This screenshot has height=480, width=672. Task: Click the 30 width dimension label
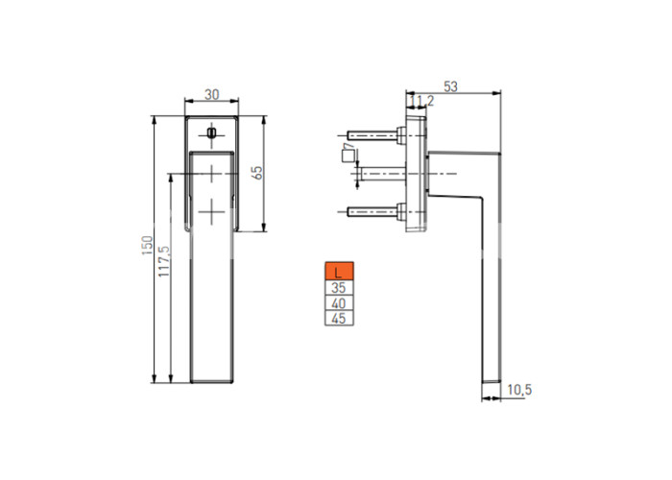click(212, 94)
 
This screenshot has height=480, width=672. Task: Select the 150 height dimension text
click(148, 246)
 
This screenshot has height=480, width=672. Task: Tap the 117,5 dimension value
click(164, 261)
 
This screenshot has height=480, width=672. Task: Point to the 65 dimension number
click(258, 173)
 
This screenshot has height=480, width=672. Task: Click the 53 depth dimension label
click(450, 87)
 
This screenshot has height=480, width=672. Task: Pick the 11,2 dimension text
click(421, 101)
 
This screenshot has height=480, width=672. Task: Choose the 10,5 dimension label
click(519, 390)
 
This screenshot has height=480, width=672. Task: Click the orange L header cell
click(339, 271)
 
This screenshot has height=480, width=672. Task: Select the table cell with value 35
click(339, 288)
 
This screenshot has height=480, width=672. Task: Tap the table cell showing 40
click(339, 303)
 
